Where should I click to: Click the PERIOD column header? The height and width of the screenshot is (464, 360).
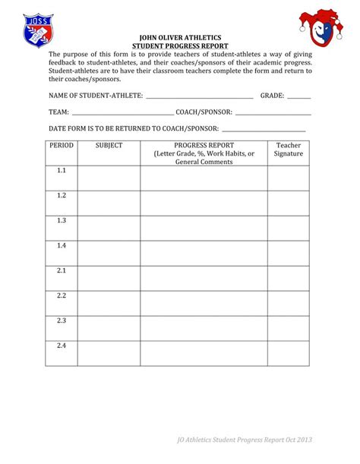pos(61,145)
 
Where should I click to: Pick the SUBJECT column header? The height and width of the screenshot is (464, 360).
pos(109,145)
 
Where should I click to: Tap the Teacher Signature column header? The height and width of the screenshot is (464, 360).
pos(289,149)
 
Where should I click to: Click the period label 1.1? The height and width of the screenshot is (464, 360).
pos(62,171)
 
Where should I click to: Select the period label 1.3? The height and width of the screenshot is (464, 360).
pos(62,221)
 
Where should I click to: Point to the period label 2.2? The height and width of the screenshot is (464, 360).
pos(62,295)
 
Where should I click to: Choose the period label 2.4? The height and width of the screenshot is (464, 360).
pos(62,346)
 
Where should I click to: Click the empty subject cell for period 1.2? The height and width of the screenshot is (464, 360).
pos(109,203)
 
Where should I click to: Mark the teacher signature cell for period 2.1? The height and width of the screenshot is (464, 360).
pos(289,278)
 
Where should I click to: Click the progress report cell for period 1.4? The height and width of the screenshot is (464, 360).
pos(204,253)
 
